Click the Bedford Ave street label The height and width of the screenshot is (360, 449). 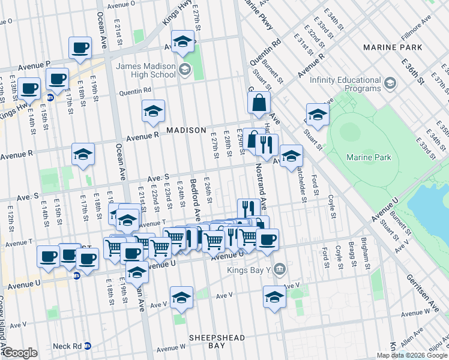[x=196, y=197]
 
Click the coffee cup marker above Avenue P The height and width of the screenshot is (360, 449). [x=80, y=48]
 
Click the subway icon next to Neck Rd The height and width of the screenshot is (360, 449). [x=88, y=346]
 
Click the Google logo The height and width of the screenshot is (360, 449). [x=20, y=353]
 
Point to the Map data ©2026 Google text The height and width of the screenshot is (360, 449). [x=411, y=355]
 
